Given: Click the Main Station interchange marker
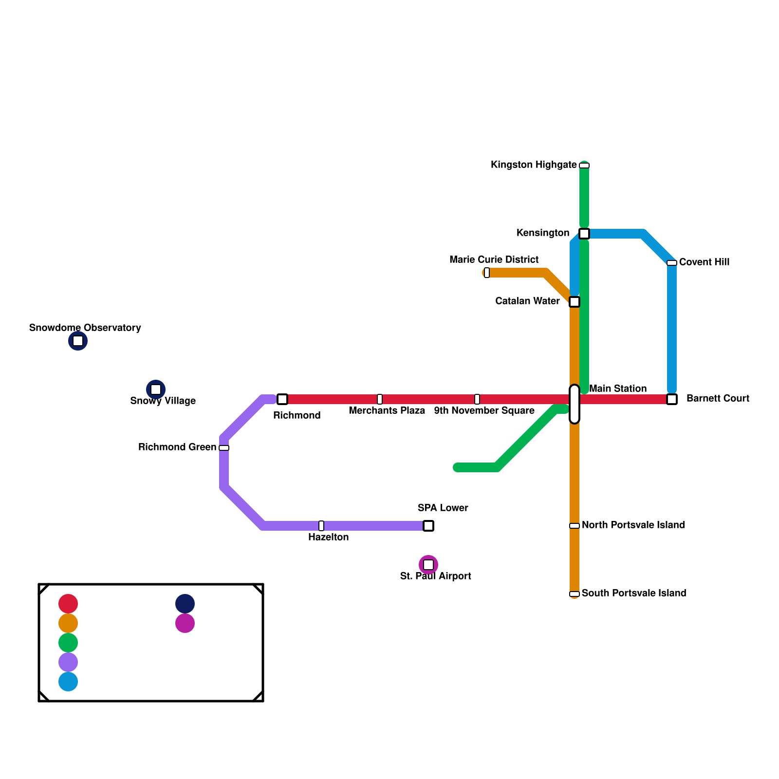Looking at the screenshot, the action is coord(575,404).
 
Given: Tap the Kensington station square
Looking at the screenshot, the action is coord(584,234).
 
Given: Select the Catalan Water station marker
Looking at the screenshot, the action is coord(575,302).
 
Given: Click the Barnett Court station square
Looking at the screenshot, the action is coord(672,399).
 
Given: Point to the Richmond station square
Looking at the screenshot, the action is coord(282,399).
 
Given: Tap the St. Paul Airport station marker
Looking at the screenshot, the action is coord(428,565).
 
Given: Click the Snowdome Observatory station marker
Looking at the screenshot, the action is coord(78,341).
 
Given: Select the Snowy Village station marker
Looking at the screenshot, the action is coord(156,389).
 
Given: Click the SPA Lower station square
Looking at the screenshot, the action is coord(428,526).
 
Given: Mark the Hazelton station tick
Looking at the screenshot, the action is coord(321,526).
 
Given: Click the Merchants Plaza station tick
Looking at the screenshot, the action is coord(380,399).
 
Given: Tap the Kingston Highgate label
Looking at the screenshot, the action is coord(534,165).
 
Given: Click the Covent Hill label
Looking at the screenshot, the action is coord(704,262).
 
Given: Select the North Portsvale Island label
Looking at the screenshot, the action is coord(633,525).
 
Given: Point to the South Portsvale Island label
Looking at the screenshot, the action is coord(634,594).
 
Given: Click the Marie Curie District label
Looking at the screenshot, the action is coord(494,260).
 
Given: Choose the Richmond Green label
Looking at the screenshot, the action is coord(177,447).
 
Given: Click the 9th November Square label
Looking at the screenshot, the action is coord(484,411).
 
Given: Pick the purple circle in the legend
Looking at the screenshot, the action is coord(68,662).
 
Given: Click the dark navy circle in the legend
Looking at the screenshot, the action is coord(185,604).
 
